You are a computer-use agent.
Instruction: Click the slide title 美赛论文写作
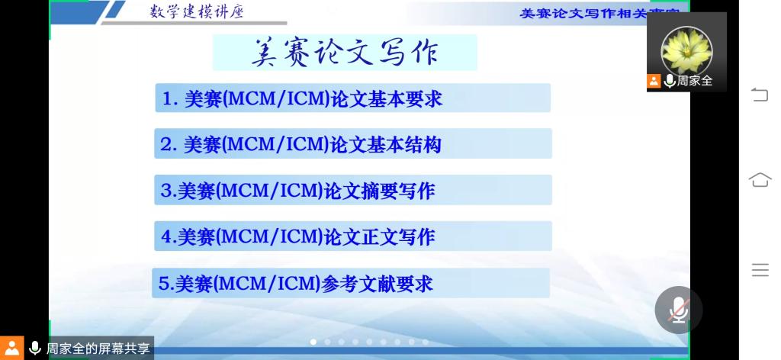pyautogui.click(x=345, y=53)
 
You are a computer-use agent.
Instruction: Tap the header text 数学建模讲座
pyautogui.click(x=197, y=11)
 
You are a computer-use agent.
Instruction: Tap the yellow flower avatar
pyautogui.click(x=686, y=50)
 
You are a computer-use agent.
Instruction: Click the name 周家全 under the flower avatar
pyautogui.click(x=694, y=81)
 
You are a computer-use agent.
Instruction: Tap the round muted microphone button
pyautogui.click(x=678, y=310)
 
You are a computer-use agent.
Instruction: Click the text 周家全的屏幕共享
pyautogui.click(x=98, y=348)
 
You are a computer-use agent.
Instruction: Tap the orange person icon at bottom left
pyautogui.click(x=11, y=348)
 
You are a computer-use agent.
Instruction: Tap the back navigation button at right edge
pyautogui.click(x=760, y=95)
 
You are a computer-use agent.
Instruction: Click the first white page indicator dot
pyautogui.click(x=313, y=342)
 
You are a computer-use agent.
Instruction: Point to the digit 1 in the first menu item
pyautogui.click(x=167, y=99)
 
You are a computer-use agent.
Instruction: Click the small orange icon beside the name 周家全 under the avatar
pyautogui.click(x=654, y=81)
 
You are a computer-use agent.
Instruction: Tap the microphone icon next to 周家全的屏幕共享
pyautogui.click(x=35, y=348)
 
